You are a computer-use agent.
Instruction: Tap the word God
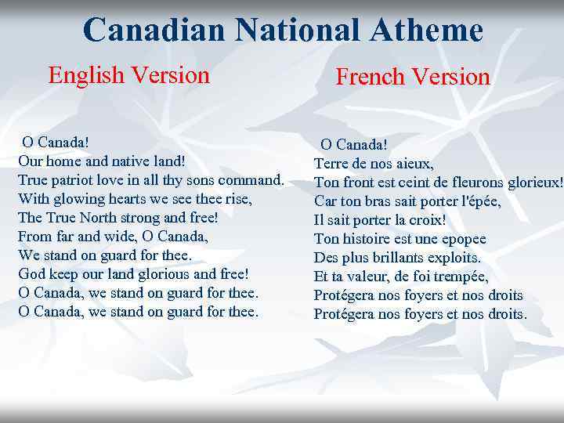tap(31, 273)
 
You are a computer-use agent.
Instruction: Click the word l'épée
tap(478, 201)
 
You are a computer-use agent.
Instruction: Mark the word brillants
tap(398, 258)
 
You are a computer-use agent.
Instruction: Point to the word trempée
tap(461, 277)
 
